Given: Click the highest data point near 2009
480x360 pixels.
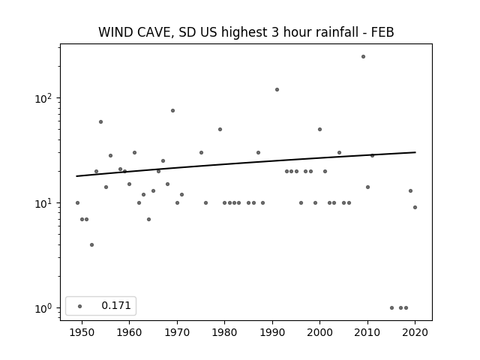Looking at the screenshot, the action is pos(363,57).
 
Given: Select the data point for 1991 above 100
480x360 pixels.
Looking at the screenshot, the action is pos(277,90).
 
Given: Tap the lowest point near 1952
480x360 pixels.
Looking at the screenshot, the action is pos(91,245).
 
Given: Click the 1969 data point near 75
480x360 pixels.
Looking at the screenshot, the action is pos(172,111).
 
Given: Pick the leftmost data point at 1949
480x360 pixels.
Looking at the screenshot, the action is pos(77,203).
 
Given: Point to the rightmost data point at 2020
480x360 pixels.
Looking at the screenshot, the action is pos(415,207).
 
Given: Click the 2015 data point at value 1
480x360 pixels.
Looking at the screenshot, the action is pos(391,308).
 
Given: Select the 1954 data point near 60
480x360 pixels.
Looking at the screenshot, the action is pos(100,121).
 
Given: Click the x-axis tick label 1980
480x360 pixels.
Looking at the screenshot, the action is pos(224,332).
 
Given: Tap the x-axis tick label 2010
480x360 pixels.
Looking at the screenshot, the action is pos(367,332).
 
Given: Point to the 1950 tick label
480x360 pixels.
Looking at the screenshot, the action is pos(82,332).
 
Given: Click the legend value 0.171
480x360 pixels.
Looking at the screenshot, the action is pos(116,305).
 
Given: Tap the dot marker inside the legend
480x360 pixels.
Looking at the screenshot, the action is pos(80,306).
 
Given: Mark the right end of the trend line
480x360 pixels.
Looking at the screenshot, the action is pos(415,152).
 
